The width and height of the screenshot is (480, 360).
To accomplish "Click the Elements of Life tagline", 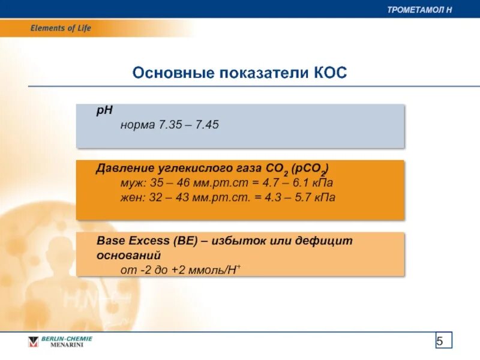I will point(61,28).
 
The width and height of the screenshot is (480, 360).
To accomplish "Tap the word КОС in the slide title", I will point(330,73).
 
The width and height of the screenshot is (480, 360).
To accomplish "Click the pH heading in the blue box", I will point(104,112).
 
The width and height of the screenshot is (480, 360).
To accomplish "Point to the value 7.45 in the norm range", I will point(207,125).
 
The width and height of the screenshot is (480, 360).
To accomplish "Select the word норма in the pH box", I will point(137,125).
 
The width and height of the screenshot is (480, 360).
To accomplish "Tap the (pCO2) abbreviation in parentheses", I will point(310,168).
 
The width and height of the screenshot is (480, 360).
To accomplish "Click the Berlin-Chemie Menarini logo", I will point(60,342).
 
